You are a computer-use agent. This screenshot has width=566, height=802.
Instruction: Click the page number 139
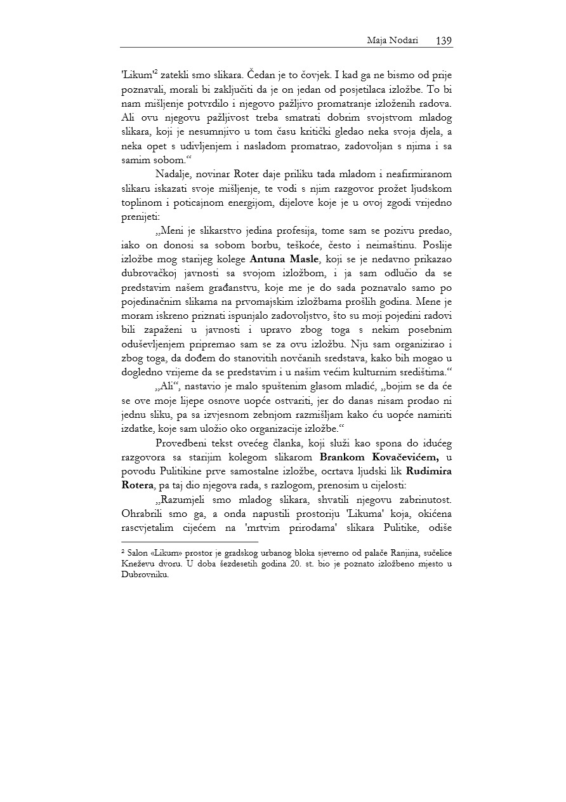(444, 41)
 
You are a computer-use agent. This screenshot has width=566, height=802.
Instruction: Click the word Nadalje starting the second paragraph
(174, 175)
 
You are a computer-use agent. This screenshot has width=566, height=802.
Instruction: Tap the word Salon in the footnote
(138, 554)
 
